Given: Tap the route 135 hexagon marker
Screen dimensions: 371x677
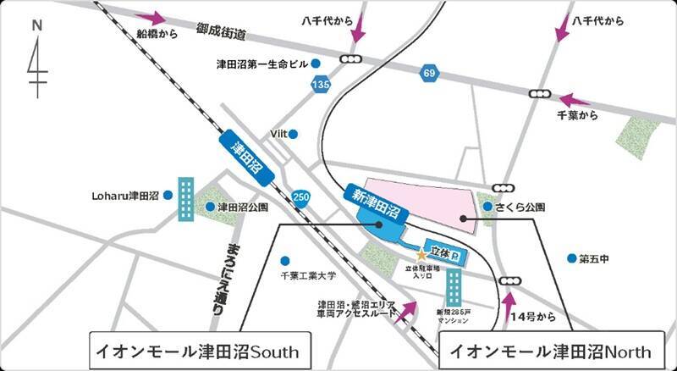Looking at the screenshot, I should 320,85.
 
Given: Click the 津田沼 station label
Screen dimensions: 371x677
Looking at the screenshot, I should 247,158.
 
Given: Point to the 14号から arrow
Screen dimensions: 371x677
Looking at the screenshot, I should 509,306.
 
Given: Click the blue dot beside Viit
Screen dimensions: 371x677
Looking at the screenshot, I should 294,134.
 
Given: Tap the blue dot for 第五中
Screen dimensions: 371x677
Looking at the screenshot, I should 572,257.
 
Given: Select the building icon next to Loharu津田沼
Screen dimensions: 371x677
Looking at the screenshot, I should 185,200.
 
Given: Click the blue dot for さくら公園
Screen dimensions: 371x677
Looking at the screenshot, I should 488,206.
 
